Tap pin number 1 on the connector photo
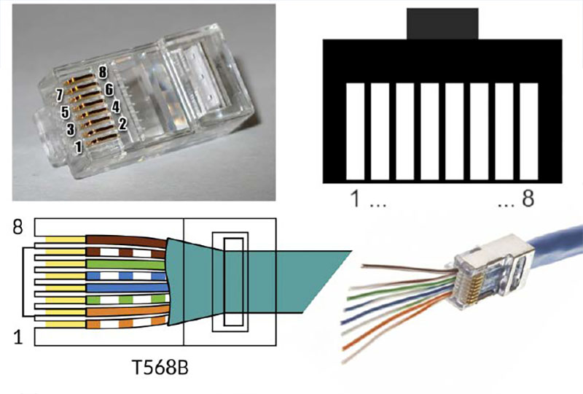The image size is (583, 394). pyautogui.click(x=78, y=147)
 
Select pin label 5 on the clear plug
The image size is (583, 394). pyautogui.click(x=64, y=112)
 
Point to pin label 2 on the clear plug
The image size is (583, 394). pyautogui.click(x=122, y=124)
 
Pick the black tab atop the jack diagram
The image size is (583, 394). pyautogui.click(x=442, y=23)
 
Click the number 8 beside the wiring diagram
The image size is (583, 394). pyautogui.click(x=18, y=228)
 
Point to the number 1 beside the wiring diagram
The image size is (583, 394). pyautogui.click(x=19, y=336)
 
